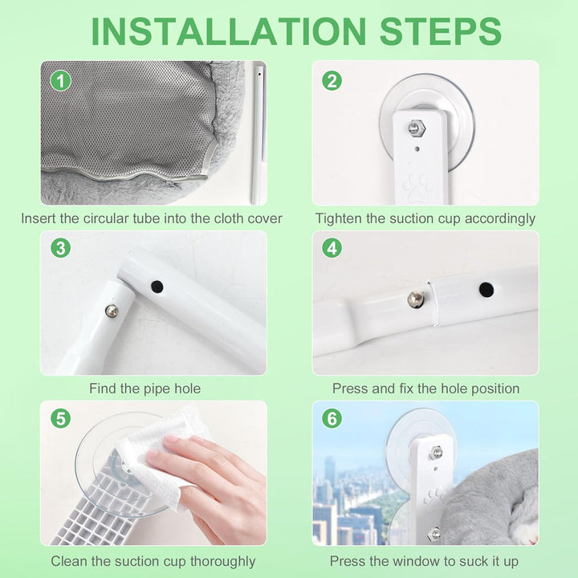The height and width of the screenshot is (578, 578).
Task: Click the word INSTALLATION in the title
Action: click(229, 31)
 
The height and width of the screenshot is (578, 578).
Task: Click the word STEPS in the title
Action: click(440, 31)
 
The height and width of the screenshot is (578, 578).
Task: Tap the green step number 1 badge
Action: click(60, 81)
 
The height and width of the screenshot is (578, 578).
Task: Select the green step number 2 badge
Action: click(332, 81)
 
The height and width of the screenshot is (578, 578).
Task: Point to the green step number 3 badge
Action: click(60, 248)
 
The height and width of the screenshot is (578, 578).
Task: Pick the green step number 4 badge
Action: click(332, 248)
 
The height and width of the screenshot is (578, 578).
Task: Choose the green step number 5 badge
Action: click(60, 418)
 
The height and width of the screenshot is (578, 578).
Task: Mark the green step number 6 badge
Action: click(332, 418)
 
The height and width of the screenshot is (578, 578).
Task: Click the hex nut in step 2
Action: click(417, 128)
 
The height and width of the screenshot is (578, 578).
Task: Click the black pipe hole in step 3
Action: click(157, 287)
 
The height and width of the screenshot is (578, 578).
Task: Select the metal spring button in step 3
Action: click(112, 311)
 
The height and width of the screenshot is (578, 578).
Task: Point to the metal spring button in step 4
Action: click(416, 299)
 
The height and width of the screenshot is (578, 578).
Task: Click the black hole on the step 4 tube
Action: click(486, 290)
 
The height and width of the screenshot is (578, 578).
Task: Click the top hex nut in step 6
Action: click(436, 452)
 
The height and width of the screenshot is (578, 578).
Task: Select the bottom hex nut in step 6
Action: click(434, 534)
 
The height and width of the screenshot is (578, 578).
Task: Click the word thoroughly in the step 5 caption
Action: click(222, 562)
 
